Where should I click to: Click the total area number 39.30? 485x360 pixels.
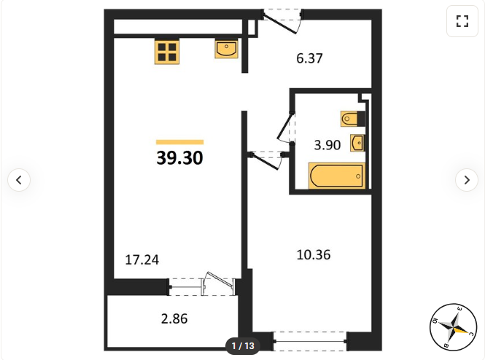(x=179, y=157)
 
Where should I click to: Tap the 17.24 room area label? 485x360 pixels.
(x=142, y=260)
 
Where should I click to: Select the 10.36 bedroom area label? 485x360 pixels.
(x=314, y=255)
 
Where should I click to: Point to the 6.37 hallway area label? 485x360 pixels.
(x=309, y=58)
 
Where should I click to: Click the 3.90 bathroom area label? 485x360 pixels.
(x=327, y=145)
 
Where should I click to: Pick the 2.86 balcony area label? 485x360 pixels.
(x=174, y=319)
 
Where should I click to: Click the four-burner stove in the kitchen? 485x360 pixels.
(x=167, y=52)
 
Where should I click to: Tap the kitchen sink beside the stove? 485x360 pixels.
(x=226, y=49)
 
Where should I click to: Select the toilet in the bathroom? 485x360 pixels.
(x=352, y=119)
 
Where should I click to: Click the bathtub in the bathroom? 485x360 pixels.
(x=337, y=176)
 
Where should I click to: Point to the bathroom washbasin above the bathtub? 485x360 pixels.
(x=357, y=143)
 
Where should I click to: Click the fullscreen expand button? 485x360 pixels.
(x=462, y=21)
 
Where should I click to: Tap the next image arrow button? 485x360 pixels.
(x=467, y=180)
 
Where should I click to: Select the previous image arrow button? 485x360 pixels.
(x=19, y=180)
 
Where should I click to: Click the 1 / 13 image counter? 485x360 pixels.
(x=243, y=345)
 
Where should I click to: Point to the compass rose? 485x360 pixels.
(x=453, y=327)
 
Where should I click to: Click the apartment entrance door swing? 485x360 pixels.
(x=282, y=23)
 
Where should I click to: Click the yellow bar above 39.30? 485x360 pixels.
(x=179, y=142)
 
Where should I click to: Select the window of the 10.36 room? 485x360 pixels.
(x=310, y=341)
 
